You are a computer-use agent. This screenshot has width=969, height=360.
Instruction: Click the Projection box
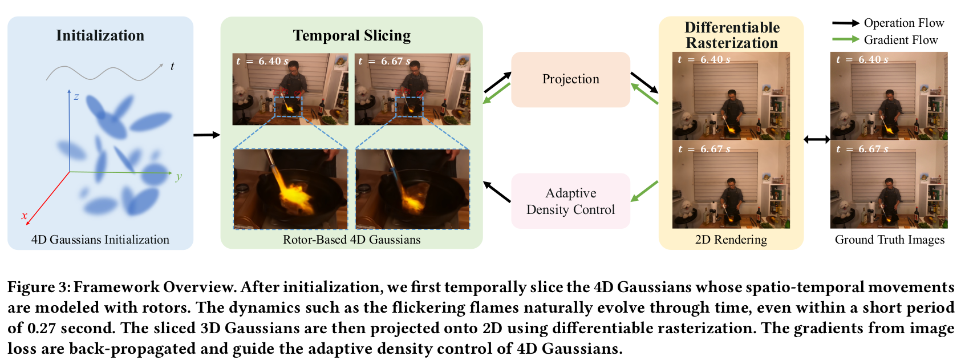[570, 80]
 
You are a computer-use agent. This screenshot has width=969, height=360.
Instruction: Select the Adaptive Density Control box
[570, 201]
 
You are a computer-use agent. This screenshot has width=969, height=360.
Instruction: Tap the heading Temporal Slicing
[352, 35]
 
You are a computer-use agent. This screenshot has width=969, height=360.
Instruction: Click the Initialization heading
[100, 35]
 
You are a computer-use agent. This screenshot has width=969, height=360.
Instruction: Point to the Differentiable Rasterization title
[732, 35]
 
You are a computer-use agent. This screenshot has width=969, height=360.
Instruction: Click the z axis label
[76, 96]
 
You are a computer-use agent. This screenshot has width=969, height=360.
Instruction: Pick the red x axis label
[24, 216]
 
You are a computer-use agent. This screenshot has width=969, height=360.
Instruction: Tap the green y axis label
[179, 176]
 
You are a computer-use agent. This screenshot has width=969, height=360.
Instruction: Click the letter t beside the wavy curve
[172, 66]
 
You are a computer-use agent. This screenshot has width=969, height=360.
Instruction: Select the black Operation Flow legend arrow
[846, 23]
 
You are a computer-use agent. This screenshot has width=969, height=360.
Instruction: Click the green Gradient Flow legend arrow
[846, 39]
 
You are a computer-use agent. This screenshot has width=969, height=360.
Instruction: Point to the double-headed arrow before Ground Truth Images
[817, 139]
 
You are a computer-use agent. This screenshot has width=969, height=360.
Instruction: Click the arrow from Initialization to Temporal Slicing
[207, 135]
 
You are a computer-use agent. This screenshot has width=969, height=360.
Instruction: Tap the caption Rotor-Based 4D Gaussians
[352, 240]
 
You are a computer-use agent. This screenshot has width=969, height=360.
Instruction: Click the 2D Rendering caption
[731, 240]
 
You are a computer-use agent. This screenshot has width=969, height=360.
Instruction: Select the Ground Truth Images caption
[889, 240]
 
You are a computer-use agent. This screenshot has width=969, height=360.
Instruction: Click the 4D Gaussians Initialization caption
[100, 240]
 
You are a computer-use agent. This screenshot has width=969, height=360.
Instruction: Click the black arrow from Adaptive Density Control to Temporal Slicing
[497, 192]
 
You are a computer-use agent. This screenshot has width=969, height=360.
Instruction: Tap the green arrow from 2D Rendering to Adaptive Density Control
[644, 191]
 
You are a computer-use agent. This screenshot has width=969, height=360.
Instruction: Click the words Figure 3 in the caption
[37, 288]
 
